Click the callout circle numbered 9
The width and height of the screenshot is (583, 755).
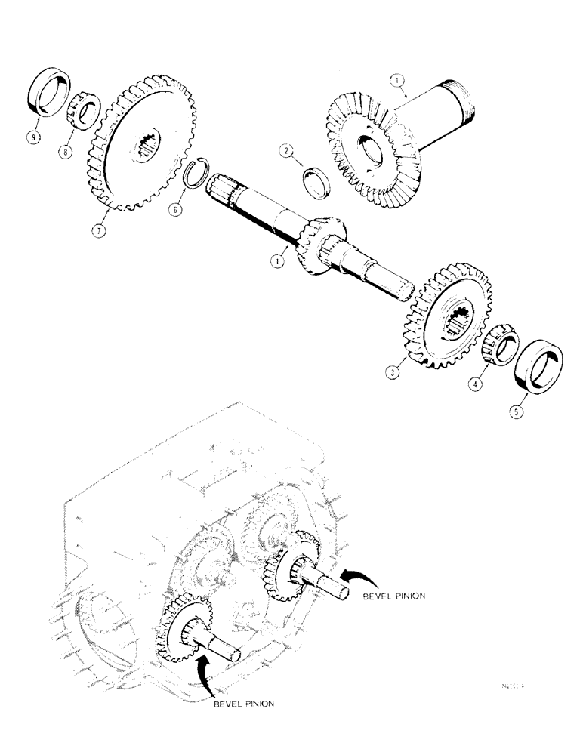point(33,139)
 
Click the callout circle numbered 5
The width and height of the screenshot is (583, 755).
point(517,413)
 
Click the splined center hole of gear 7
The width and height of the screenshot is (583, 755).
point(150,143)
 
